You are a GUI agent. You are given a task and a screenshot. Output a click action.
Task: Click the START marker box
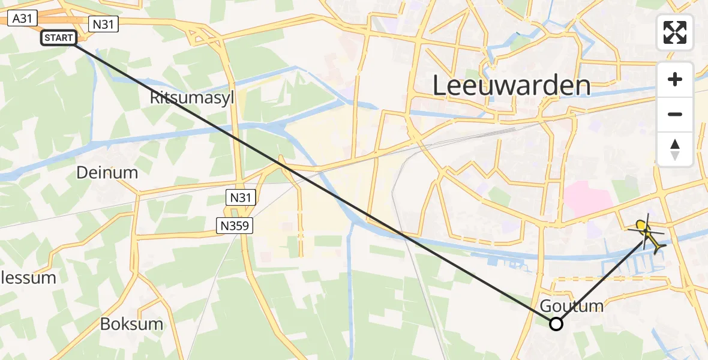pyautogui.click(x=59, y=38)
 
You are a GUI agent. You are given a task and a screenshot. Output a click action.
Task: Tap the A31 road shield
pyautogui.click(x=22, y=19)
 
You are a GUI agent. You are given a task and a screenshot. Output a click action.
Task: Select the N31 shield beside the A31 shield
pyautogui.click(x=103, y=24)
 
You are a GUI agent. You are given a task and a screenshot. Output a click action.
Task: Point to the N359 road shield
pyautogui.click(x=235, y=226)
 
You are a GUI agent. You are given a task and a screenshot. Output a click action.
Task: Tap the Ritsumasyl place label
pyautogui.click(x=192, y=98)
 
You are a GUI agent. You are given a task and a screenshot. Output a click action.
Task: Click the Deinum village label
pyautogui.click(x=107, y=173)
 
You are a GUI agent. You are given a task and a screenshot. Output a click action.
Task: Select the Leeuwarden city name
pyautogui.click(x=511, y=86)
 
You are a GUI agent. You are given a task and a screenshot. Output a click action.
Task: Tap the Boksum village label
pyautogui.click(x=131, y=324)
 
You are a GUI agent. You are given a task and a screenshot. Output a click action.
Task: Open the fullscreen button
pyautogui.click(x=675, y=32)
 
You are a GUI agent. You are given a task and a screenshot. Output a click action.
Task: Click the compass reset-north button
pyautogui.click(x=675, y=149)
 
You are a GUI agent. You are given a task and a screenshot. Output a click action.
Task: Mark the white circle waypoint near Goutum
pyautogui.click(x=556, y=324)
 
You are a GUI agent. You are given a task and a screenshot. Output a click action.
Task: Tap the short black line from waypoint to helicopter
pyautogui.click(x=600, y=278)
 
